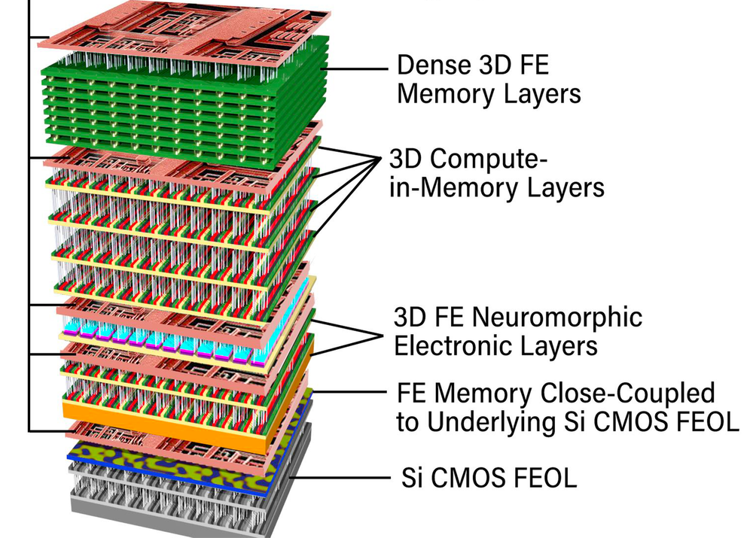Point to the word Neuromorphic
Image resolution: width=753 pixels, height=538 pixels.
557,317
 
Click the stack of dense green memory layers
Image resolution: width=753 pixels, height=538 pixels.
188,98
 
